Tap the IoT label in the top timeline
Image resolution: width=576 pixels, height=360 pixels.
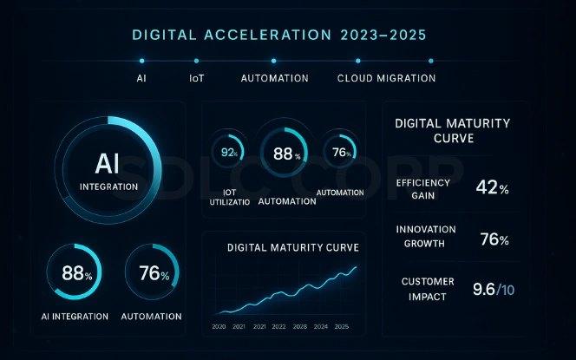coord(197,78)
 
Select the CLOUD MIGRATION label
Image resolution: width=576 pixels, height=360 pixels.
coord(386,78)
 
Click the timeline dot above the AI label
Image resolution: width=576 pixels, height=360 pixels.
coord(141,61)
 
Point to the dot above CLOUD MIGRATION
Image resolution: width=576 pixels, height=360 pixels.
coord(357,61)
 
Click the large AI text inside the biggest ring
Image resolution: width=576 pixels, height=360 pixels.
coord(108,162)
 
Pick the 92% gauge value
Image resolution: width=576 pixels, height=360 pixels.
coord(230,153)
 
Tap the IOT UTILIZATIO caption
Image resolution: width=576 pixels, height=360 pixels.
coord(230,195)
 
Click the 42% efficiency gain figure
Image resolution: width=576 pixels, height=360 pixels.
coord(492,187)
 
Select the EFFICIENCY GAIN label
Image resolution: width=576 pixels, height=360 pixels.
coord(422,188)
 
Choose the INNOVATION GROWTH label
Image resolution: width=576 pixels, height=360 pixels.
coord(427,236)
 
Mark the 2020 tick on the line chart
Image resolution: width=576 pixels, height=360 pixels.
coord(219,327)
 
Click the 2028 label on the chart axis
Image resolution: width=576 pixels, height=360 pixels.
coord(299,327)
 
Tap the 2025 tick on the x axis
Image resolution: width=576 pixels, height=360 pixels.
coord(342,327)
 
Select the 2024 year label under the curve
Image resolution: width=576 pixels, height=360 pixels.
coord(320,327)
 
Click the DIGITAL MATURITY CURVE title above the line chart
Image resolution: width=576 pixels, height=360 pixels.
coord(293,248)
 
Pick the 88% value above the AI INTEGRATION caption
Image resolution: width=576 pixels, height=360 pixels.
coord(76,274)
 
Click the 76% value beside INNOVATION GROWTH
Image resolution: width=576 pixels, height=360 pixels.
coord(494,239)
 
